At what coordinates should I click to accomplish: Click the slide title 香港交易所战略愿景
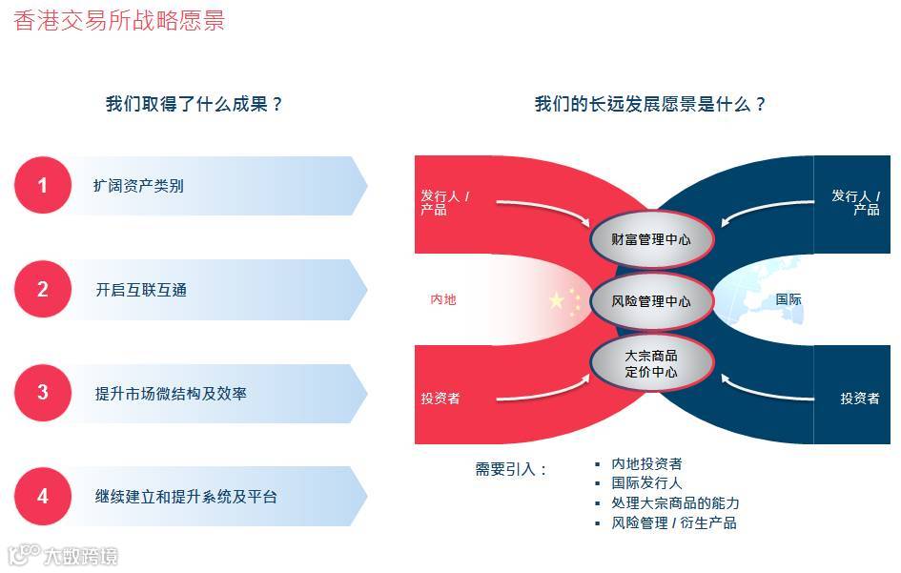[x=119, y=20]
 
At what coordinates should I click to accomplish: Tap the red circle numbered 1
[x=42, y=186]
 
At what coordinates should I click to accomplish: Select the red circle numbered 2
[x=42, y=290]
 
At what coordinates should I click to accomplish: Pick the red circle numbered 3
[x=42, y=393]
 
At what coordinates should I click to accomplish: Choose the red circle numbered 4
[x=42, y=497]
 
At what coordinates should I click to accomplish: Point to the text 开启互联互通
[x=141, y=290]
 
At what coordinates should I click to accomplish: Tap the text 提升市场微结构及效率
[x=171, y=393]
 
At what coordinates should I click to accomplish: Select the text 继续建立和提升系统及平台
[x=186, y=497]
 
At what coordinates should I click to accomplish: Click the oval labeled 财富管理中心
[x=651, y=239]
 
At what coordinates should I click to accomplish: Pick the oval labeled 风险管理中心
[x=651, y=301]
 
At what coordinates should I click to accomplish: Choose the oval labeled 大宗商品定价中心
[x=651, y=363]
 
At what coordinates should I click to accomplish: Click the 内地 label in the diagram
[x=443, y=299]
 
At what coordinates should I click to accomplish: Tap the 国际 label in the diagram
[x=788, y=299]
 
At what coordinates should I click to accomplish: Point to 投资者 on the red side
[x=440, y=399]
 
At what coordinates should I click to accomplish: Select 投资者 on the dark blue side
[x=859, y=399]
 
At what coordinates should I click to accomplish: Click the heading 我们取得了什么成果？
[x=195, y=104]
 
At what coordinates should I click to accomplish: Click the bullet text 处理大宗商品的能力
[x=675, y=503]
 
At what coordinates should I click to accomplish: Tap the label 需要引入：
[x=511, y=469]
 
